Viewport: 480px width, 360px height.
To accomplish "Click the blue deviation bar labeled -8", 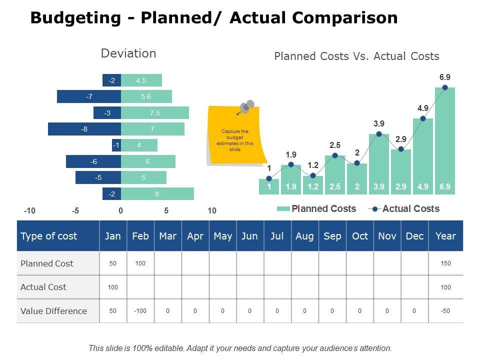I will [84, 129].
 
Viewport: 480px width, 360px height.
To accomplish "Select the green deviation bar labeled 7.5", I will [155, 113].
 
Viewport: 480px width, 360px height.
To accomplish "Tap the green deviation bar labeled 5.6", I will [146, 97].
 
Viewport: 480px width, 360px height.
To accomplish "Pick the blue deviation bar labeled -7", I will [89, 97].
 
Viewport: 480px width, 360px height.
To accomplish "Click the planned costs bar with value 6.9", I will [445, 140].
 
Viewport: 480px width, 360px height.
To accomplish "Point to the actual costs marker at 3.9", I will [379, 134].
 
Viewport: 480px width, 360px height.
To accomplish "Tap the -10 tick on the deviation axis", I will [29, 211].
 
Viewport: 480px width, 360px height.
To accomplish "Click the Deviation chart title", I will [128, 53].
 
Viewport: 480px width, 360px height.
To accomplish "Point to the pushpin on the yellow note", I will [246, 106].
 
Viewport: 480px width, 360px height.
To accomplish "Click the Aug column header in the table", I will [304, 236].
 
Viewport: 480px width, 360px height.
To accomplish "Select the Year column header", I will [445, 236].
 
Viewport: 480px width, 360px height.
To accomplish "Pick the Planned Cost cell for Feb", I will [140, 263].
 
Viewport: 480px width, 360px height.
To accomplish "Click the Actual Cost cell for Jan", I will [113, 287].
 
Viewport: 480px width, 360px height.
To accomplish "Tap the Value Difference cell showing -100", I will [140, 311].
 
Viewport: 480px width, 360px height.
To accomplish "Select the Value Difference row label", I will [53, 311].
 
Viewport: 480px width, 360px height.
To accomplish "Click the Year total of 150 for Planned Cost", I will [445, 263].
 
